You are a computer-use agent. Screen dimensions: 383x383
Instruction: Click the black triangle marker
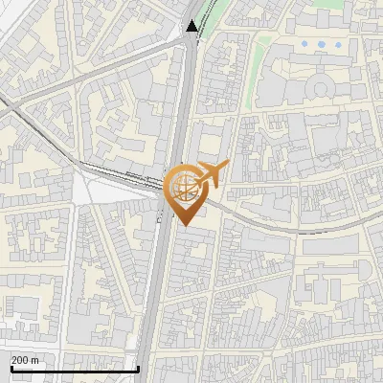pos(193,26)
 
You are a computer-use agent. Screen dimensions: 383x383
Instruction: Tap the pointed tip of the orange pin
pos(185,225)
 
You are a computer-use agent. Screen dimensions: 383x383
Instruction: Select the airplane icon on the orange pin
pos(214,173)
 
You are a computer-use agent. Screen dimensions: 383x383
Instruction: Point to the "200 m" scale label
pos(26,360)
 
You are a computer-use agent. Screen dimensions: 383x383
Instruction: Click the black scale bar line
pos(67,369)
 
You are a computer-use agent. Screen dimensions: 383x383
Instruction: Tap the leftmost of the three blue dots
pos(305,43)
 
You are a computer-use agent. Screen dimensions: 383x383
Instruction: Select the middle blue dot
pos(321,43)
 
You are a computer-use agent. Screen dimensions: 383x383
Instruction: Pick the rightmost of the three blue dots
pos(337,43)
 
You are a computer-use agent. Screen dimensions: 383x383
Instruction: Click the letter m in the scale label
pos(35,360)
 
